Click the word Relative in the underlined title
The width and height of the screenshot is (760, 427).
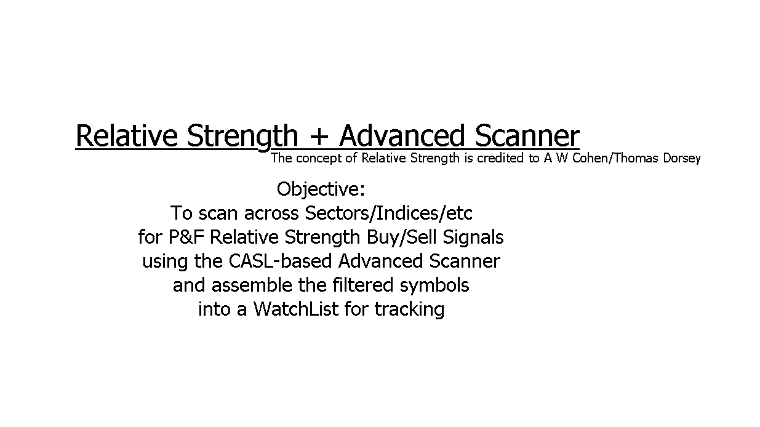click(126, 135)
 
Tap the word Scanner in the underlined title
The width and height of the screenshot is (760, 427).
click(527, 135)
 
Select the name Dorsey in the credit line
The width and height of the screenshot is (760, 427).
click(682, 158)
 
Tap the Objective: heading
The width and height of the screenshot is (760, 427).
click(321, 190)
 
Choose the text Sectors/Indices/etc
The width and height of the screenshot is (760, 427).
click(388, 213)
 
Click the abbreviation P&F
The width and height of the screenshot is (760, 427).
click(186, 237)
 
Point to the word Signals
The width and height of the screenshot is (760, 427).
click(473, 237)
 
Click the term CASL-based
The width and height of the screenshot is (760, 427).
click(280, 261)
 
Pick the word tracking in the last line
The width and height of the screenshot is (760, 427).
click(409, 309)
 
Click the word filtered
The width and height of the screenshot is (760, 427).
click(362, 284)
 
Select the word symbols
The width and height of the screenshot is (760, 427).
click(434, 285)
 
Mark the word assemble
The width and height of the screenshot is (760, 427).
click(252, 284)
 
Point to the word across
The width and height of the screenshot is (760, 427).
click(271, 213)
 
